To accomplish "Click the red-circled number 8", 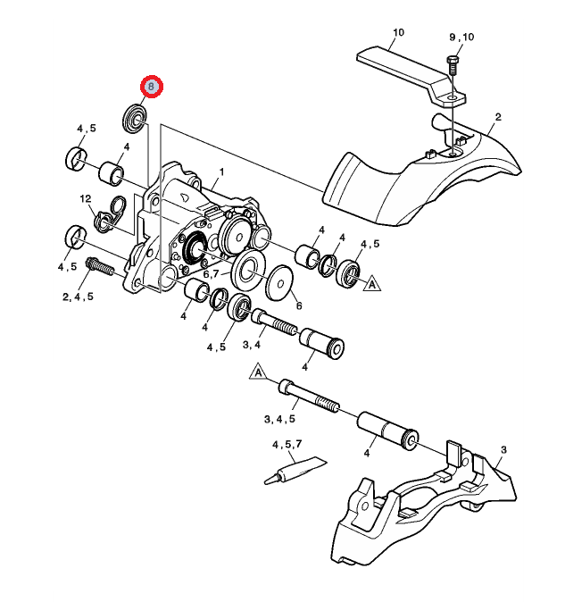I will point(151,87).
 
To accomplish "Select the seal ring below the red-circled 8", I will point(135,116).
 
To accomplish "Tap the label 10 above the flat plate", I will point(397,32).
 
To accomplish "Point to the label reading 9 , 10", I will point(461,37).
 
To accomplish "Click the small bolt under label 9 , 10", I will point(452,68).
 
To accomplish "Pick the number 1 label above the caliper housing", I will point(222,171).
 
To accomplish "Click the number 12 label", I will point(86,198).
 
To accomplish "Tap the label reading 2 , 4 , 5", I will point(78,297).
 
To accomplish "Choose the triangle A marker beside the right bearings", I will point(372,284).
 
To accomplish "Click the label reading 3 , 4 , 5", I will point(279,418).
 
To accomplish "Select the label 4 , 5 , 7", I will point(287,444).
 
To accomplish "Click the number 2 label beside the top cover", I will point(497,117).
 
